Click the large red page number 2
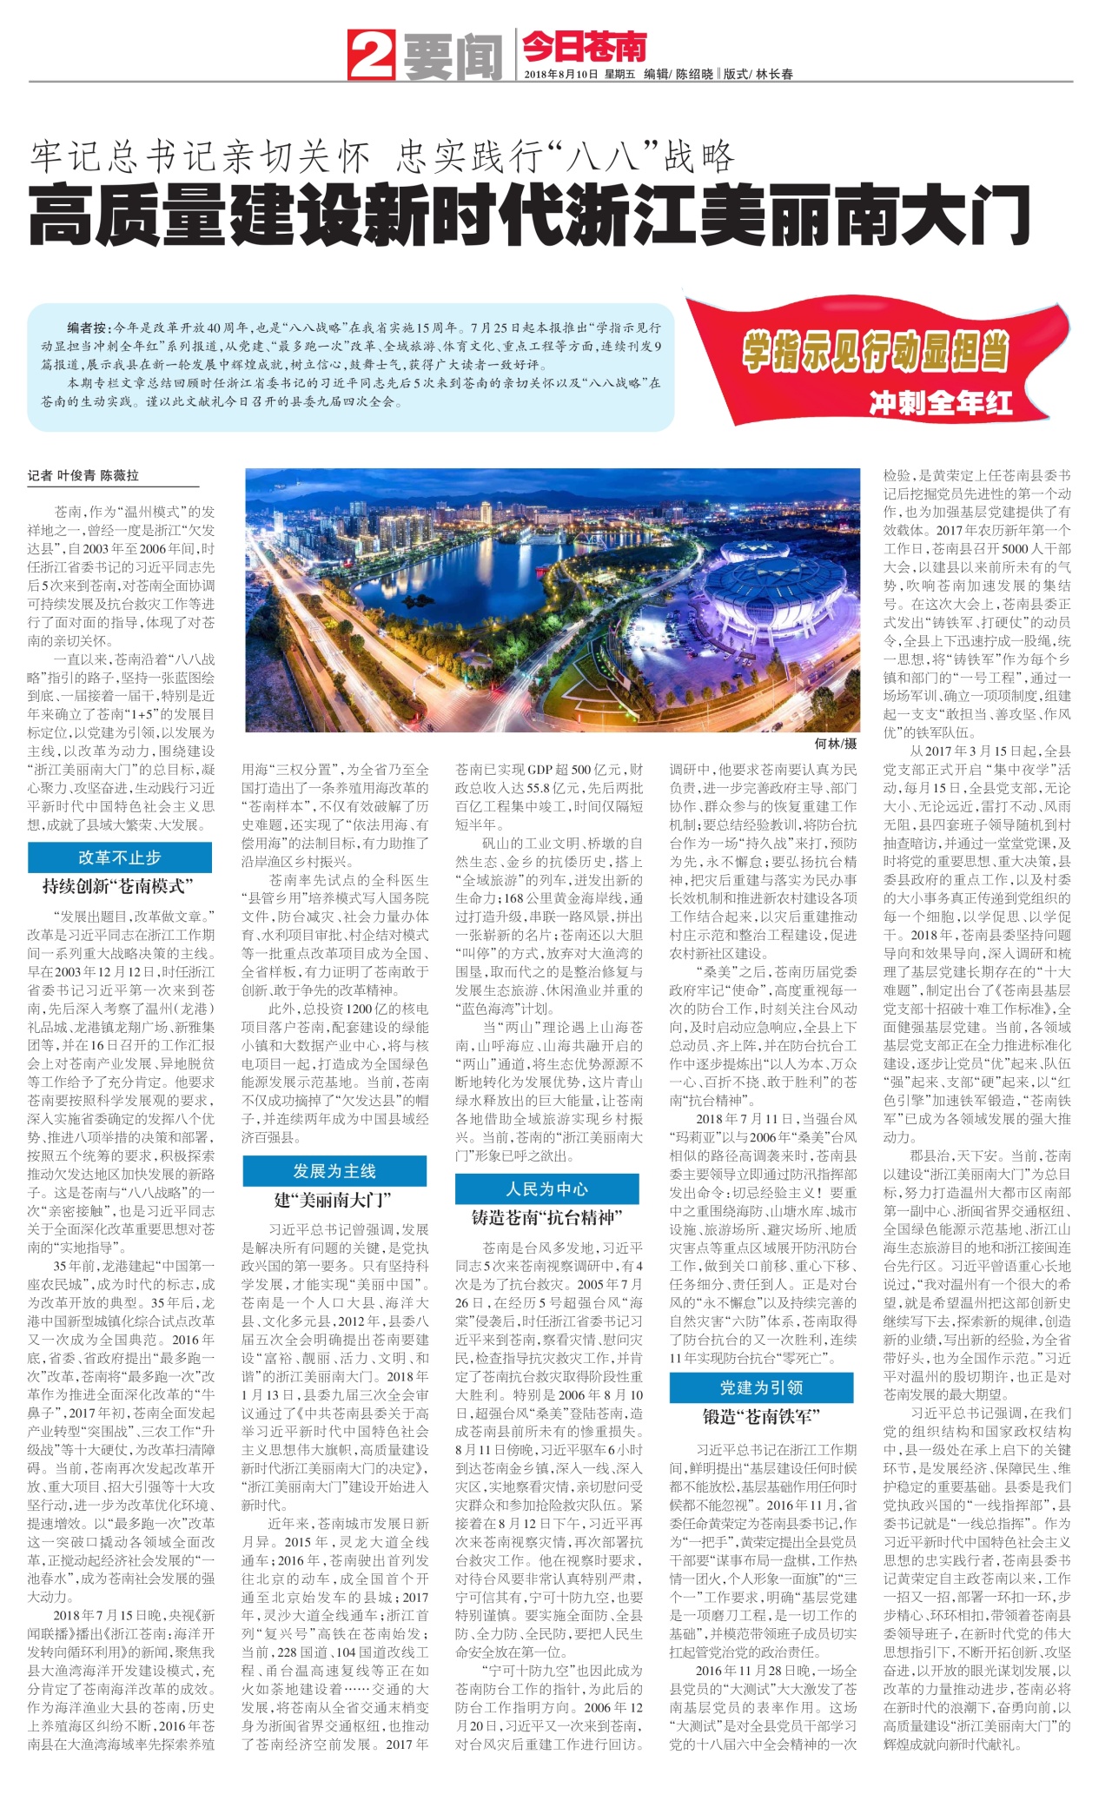(372, 55)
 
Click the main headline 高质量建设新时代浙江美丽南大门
(529, 216)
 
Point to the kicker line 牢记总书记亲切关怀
(201, 156)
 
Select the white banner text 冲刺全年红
(940, 402)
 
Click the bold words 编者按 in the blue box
(87, 328)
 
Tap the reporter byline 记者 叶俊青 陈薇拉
(83, 475)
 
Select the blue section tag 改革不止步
(120, 857)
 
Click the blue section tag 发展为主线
(334, 1171)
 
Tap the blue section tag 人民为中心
(547, 1189)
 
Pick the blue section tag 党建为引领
(761, 1387)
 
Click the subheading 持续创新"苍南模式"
(118, 886)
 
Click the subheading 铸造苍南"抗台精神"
(547, 1218)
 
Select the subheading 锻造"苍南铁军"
(761, 1416)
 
